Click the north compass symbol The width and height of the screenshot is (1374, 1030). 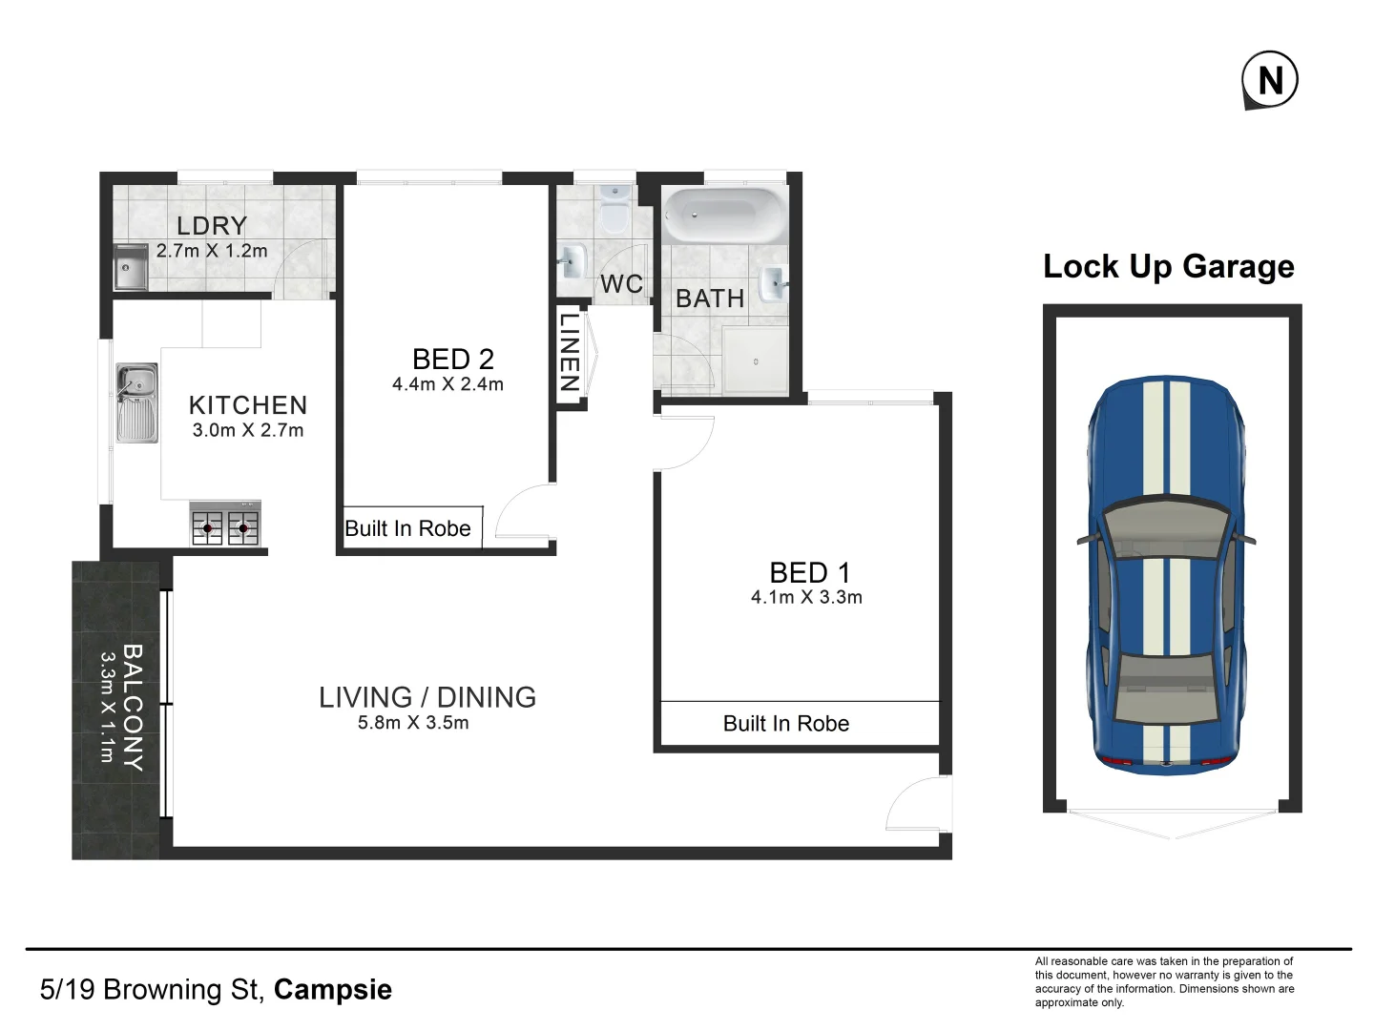click(1269, 80)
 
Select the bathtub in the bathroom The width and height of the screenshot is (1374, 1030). click(723, 216)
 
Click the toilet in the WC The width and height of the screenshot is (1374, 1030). click(614, 211)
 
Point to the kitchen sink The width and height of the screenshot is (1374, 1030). click(136, 403)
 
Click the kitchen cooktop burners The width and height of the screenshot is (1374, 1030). click(225, 525)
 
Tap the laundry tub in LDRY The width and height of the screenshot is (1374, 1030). click(130, 268)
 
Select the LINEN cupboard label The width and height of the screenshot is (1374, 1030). click(570, 353)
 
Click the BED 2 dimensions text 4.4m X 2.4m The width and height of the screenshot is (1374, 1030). click(448, 384)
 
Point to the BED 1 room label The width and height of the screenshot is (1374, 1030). click(809, 572)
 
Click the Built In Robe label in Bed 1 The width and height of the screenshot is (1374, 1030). click(785, 724)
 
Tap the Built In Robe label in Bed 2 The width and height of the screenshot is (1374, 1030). click(407, 529)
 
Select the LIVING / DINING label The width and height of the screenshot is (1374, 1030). click(427, 697)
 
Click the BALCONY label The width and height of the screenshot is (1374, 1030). click(133, 707)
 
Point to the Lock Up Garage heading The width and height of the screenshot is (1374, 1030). click(1168, 266)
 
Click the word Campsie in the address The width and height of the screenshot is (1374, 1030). click(332, 989)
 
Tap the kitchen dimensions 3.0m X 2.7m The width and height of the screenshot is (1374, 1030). click(248, 430)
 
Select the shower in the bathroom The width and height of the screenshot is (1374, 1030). click(755, 361)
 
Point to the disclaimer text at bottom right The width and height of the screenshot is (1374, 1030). click(1164, 981)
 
